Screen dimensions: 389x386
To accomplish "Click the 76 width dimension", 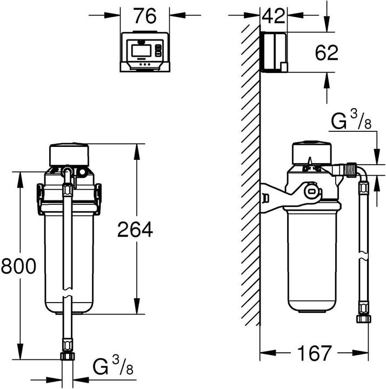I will [x=145, y=16].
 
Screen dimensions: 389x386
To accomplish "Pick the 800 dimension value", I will [x=18, y=266].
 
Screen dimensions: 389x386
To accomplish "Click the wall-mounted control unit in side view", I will [x=274, y=52].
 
